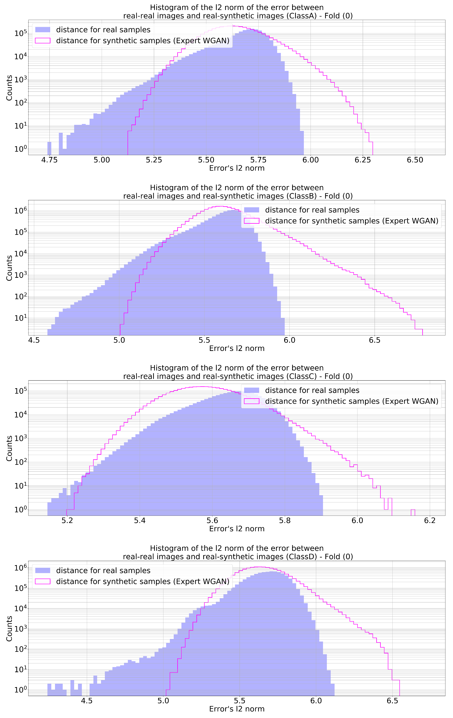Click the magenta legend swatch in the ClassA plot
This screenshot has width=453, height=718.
point(43,41)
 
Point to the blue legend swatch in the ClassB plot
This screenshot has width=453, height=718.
point(252,210)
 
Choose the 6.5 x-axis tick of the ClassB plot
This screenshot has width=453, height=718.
point(374,340)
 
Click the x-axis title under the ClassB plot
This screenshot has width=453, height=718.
point(237,348)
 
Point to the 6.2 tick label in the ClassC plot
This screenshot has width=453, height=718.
point(430,521)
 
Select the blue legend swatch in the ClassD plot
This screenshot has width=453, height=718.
point(43,570)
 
